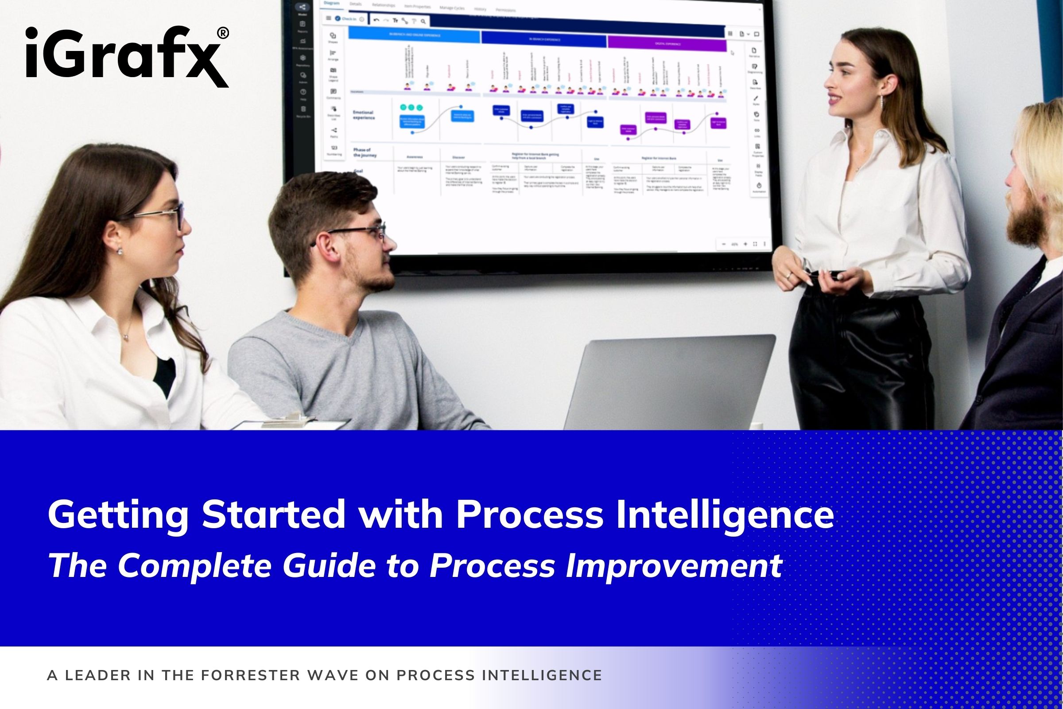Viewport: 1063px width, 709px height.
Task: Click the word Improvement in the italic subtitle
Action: pos(673,565)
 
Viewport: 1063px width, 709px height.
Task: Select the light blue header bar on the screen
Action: pos(414,35)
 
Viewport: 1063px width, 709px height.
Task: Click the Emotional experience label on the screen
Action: pos(363,115)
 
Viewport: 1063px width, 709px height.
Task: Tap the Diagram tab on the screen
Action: pos(332,4)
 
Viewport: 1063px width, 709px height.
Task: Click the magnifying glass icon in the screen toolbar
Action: pos(423,21)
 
